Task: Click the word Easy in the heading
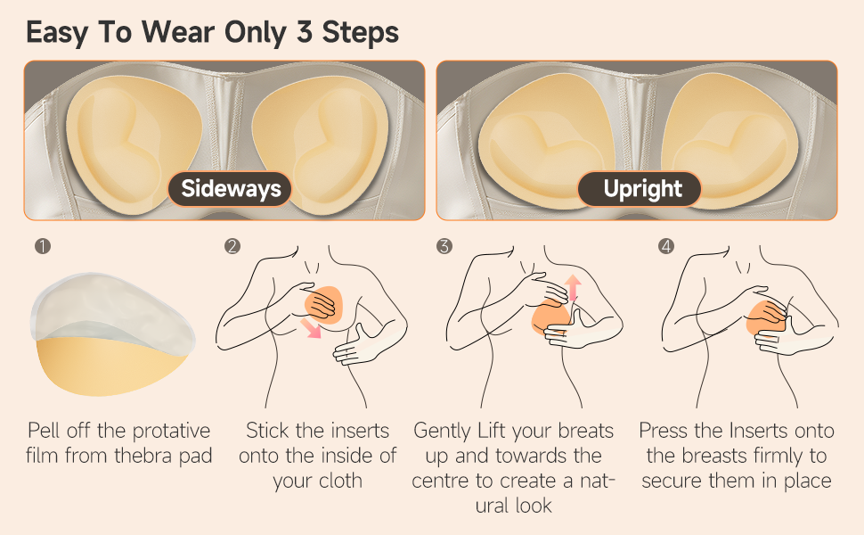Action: pos(57,33)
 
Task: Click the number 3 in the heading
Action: pos(305,32)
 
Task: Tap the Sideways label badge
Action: pos(231,189)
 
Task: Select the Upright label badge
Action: pos(640,189)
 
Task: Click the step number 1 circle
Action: pos(43,246)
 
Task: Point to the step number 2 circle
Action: pos(232,246)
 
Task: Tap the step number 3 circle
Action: pos(444,246)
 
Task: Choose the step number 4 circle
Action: pos(666,246)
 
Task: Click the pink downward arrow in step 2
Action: pos(312,327)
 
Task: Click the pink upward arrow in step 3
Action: pos(573,287)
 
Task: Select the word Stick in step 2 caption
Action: pos(268,431)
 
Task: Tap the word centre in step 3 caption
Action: pos(438,481)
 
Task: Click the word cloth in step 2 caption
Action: pos(340,481)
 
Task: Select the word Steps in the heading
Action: pos(361,33)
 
